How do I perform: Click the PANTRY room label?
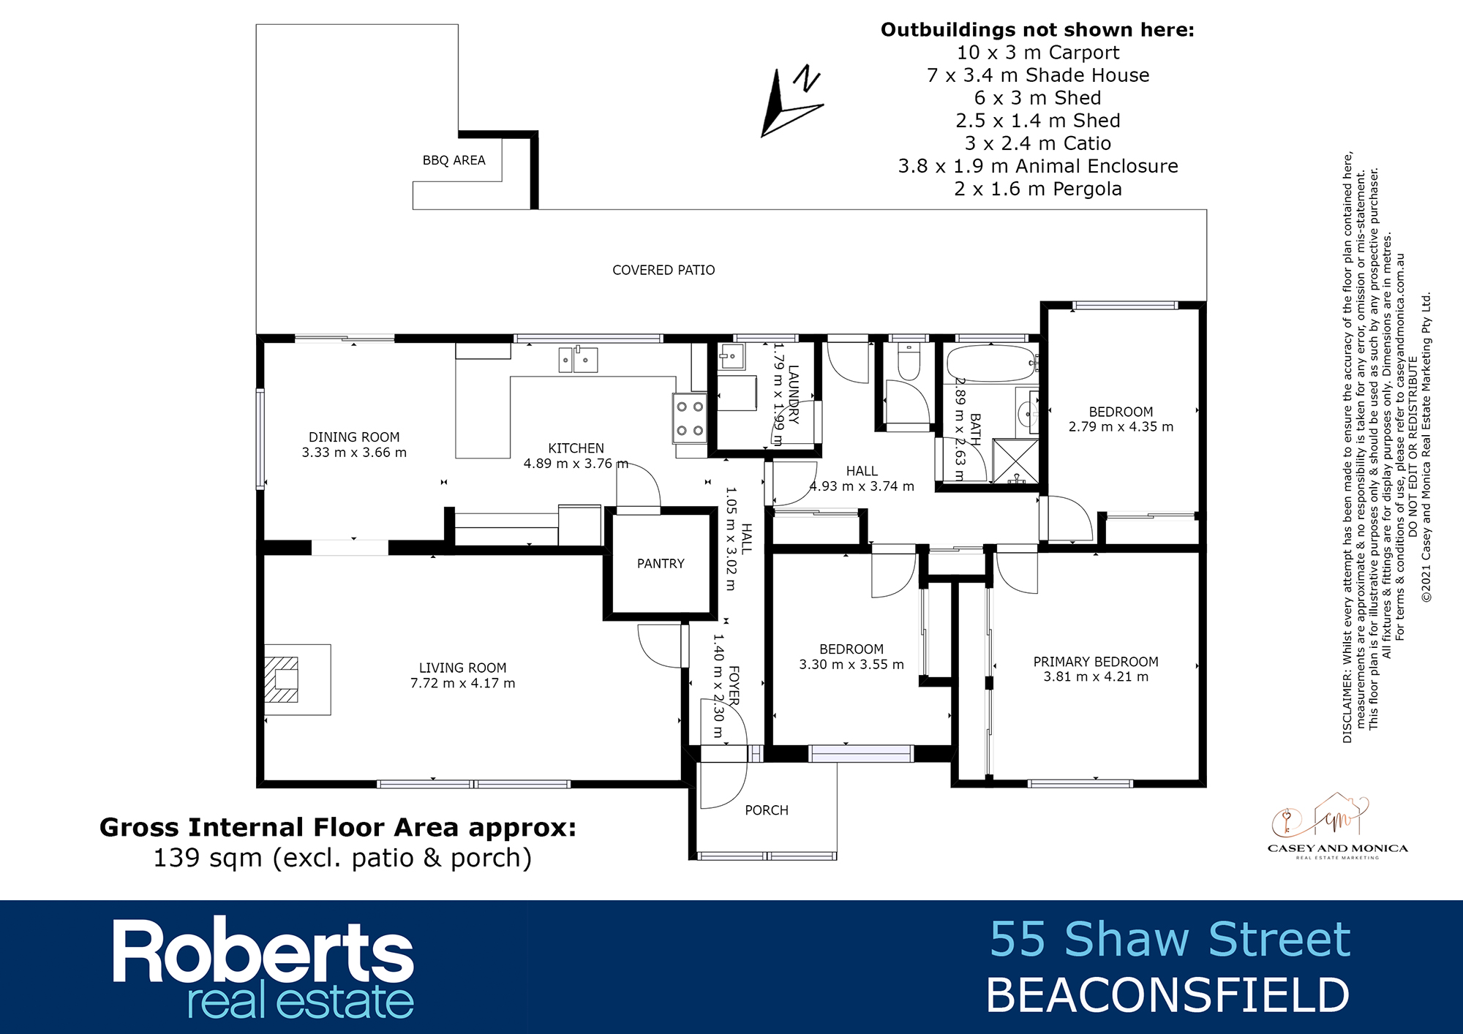(x=661, y=564)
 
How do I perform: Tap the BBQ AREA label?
(x=454, y=161)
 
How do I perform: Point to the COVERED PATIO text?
(x=663, y=271)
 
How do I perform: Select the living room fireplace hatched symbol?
(x=282, y=679)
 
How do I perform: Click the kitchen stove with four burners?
(x=689, y=418)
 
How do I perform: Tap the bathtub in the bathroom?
(x=991, y=363)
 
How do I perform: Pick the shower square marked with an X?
(x=1015, y=461)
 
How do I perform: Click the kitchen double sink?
(x=578, y=360)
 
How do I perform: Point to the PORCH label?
(x=767, y=810)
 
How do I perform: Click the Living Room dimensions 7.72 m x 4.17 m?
(x=462, y=684)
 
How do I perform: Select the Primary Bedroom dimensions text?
(x=1096, y=677)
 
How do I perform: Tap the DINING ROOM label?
(x=354, y=437)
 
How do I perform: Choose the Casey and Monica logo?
(x=1337, y=827)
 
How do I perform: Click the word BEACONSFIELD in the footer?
(x=1167, y=995)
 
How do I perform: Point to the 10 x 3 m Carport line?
(x=1038, y=53)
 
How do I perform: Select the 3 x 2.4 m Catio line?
(x=1038, y=143)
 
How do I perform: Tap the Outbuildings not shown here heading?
(x=1037, y=30)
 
